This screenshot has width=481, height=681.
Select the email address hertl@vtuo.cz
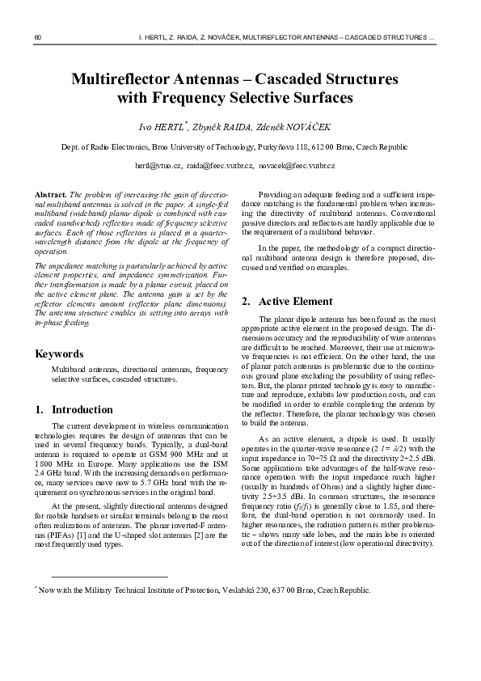[158, 165]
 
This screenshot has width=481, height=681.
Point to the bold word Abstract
[51, 196]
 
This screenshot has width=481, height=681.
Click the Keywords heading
[60, 353]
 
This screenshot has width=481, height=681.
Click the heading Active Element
[295, 301]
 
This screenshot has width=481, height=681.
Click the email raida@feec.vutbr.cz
[219, 165]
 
